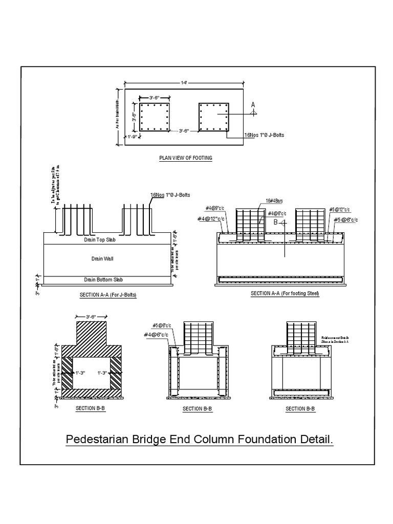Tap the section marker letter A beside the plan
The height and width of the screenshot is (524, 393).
click(x=252, y=104)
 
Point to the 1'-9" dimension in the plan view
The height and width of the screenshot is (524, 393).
click(x=133, y=137)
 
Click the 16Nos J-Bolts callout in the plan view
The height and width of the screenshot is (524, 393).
click(x=265, y=135)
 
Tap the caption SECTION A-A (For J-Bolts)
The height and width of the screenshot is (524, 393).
click(x=108, y=295)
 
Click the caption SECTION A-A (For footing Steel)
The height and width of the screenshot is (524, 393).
click(x=285, y=294)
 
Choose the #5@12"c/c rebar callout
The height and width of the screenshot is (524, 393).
click(x=340, y=209)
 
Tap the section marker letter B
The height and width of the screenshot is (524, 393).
click(x=275, y=223)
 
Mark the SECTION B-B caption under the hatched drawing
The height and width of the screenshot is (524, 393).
click(x=90, y=408)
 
